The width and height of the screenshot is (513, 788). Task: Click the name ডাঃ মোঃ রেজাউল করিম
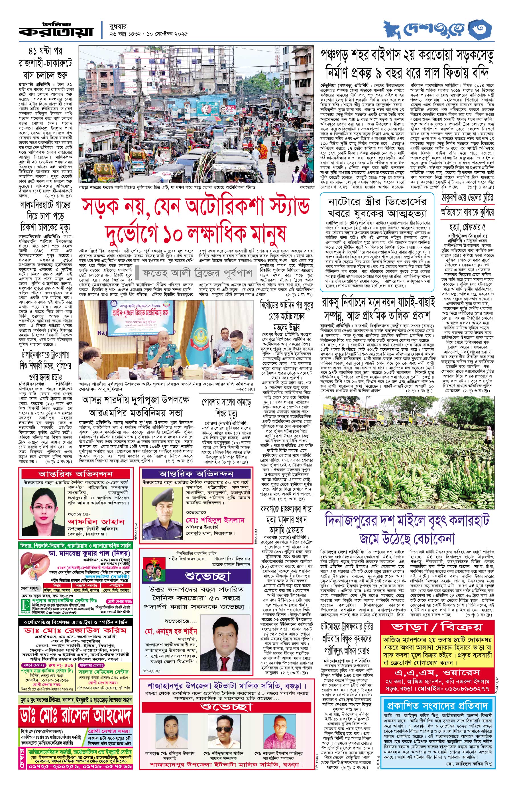pyautogui.click(x=75, y=631)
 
